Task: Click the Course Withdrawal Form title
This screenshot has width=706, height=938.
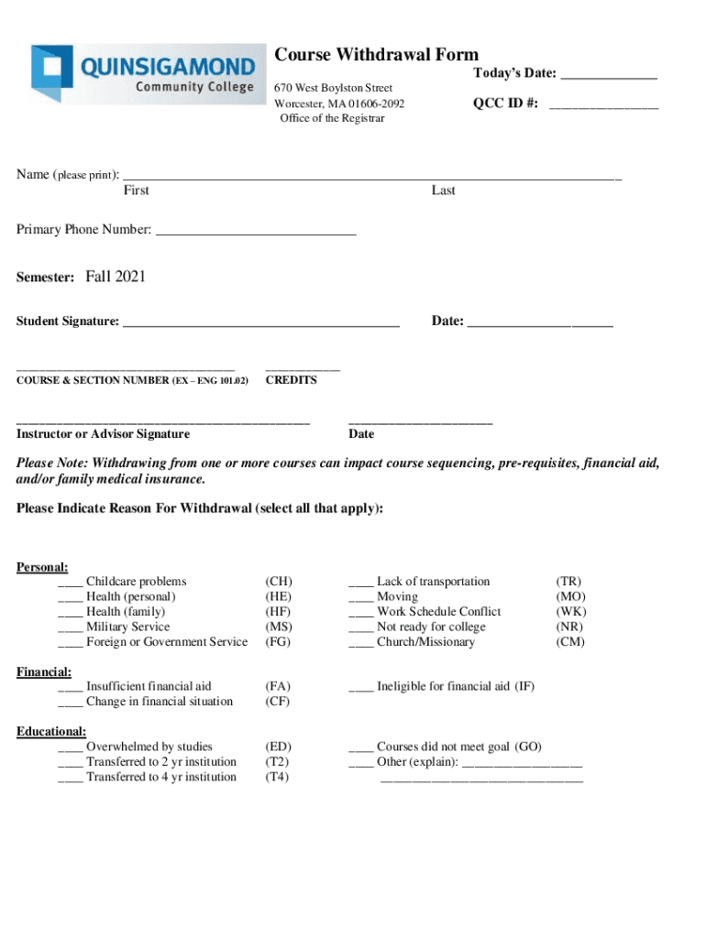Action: pos(377,55)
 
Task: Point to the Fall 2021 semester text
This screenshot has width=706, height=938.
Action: pos(116,277)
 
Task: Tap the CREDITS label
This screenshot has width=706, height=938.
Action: pos(291,380)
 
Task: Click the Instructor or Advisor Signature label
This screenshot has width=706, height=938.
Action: pos(103,434)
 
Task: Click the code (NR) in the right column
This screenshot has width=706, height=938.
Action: pos(570,627)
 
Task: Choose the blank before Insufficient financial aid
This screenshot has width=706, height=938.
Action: pos(70,688)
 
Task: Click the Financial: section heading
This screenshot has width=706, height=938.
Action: pos(44,671)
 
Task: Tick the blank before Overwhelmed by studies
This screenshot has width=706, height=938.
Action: pos(70,748)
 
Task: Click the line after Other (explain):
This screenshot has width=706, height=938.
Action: pos(522,764)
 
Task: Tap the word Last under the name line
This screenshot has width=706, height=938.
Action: pos(443,191)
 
